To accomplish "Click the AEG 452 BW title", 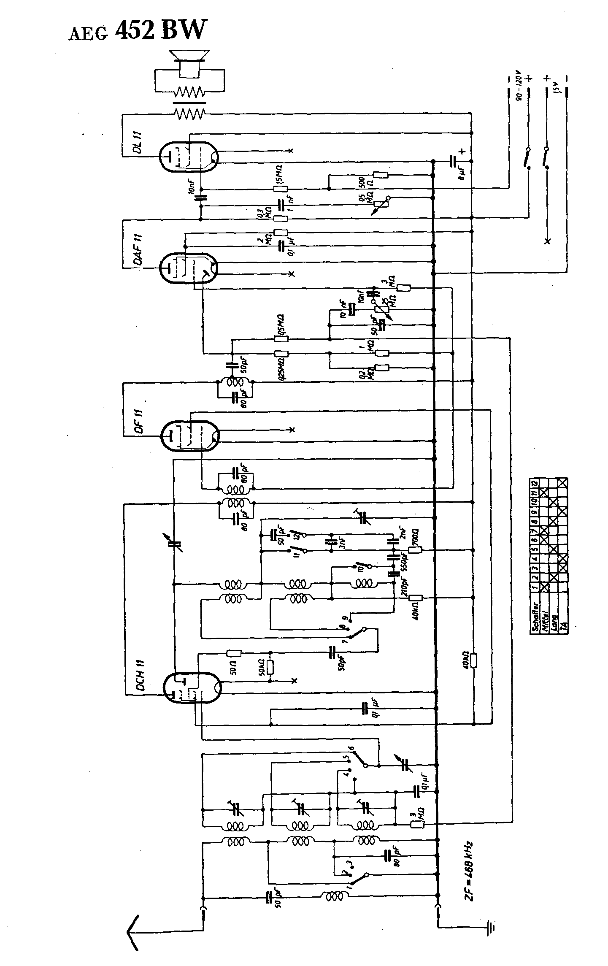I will click(x=138, y=30).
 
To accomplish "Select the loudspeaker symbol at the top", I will click(x=189, y=63).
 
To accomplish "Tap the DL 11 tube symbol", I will click(x=189, y=157).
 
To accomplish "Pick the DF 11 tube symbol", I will click(x=190, y=435).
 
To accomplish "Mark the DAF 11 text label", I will click(x=139, y=251).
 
